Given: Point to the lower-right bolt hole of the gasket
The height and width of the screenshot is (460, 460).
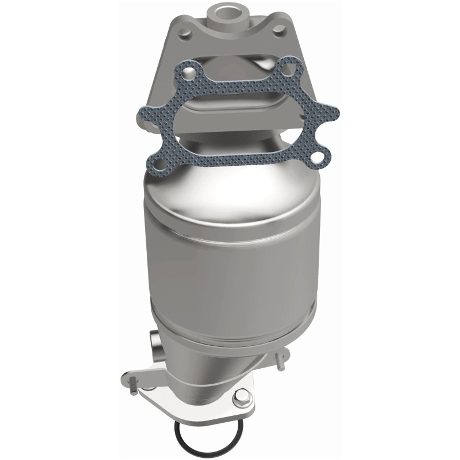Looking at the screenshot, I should [x=317, y=157].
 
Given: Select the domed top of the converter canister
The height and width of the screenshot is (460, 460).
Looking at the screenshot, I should [x=230, y=190].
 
